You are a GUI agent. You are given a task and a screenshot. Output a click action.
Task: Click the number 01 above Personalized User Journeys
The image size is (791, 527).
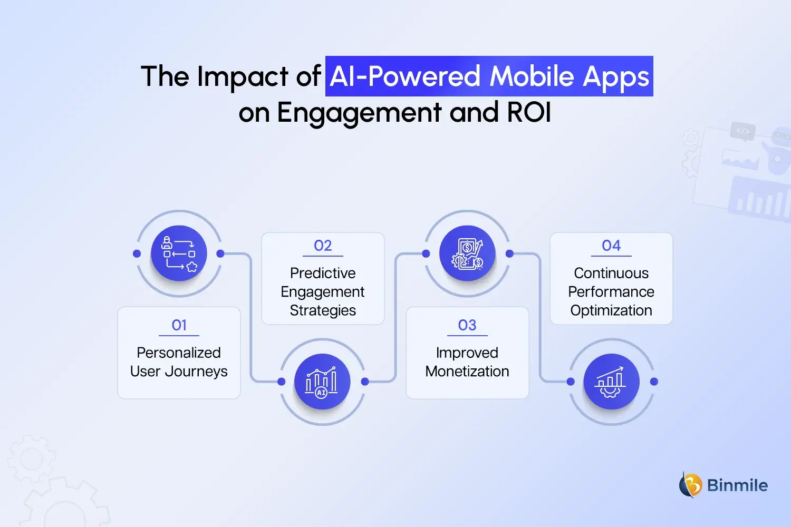point(179,325)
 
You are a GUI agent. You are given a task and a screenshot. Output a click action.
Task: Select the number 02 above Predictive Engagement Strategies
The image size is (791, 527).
point(323,246)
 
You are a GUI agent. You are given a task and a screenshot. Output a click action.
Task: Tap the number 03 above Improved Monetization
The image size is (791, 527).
point(467,325)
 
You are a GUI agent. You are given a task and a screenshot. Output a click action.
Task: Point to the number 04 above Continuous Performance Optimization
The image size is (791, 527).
point(611,246)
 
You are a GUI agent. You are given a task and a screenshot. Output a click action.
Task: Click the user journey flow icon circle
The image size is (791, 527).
point(179,253)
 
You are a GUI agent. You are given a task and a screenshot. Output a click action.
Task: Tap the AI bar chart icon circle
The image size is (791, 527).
point(323,382)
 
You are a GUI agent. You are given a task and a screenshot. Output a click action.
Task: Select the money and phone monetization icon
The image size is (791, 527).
point(467,253)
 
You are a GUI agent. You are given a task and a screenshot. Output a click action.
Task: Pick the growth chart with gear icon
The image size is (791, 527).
point(611,382)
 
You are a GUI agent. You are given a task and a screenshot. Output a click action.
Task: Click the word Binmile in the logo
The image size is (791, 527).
point(737,485)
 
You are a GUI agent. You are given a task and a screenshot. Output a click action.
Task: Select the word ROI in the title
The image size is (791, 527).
point(529,112)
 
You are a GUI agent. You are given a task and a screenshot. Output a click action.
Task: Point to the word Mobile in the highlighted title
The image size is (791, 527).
point(532,76)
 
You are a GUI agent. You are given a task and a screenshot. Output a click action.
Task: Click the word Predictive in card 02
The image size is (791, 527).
point(323,273)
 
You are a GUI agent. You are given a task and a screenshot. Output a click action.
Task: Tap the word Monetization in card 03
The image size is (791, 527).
point(467,372)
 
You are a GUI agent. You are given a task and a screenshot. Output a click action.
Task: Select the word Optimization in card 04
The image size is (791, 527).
point(611,310)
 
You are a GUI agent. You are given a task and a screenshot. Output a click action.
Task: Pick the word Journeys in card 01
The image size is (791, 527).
point(197,372)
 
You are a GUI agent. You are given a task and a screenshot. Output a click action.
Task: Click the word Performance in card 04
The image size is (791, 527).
point(611,292)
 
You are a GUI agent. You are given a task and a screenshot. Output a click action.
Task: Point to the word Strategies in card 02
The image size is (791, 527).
point(323,310)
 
